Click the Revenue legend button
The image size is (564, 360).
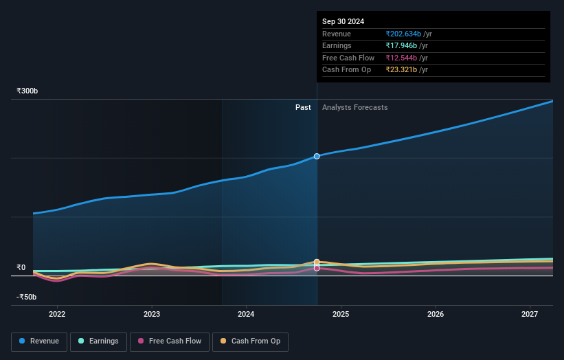(x=39, y=341)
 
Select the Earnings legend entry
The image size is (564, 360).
(x=98, y=341)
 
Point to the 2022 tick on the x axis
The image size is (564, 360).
(x=57, y=314)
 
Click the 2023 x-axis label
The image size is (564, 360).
(x=152, y=314)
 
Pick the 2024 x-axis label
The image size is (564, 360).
(x=246, y=314)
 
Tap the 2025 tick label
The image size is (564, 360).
(x=341, y=314)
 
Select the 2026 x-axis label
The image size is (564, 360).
(x=435, y=314)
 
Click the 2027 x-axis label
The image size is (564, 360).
(x=530, y=314)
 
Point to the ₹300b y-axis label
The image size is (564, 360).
(x=27, y=91)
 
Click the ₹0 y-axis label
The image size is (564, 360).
(x=21, y=268)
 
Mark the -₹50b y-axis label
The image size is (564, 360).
(x=27, y=297)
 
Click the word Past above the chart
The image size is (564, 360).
(x=303, y=108)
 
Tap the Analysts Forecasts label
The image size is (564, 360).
(x=354, y=108)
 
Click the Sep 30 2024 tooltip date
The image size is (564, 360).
(x=343, y=21)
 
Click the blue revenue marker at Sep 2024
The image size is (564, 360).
(x=317, y=156)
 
